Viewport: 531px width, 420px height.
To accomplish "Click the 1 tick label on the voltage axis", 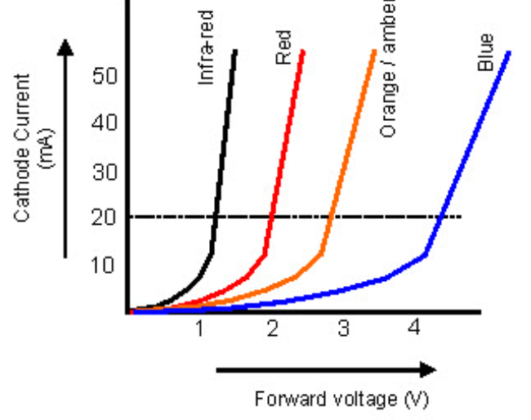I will pyautogui.click(x=199, y=328).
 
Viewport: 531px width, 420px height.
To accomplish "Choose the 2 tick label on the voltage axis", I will pyautogui.click(x=272, y=328).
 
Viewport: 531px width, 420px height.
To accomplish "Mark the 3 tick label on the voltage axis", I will pyautogui.click(x=343, y=328).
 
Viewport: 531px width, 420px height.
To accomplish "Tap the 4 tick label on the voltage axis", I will pyautogui.click(x=414, y=328).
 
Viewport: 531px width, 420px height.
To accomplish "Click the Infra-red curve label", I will pyautogui.click(x=206, y=47).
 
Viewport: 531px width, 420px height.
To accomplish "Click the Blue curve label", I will pyautogui.click(x=486, y=52).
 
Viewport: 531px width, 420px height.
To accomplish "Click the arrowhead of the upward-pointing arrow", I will pyautogui.click(x=67, y=47).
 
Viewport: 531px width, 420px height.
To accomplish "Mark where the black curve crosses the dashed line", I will pyautogui.click(x=216, y=217).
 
